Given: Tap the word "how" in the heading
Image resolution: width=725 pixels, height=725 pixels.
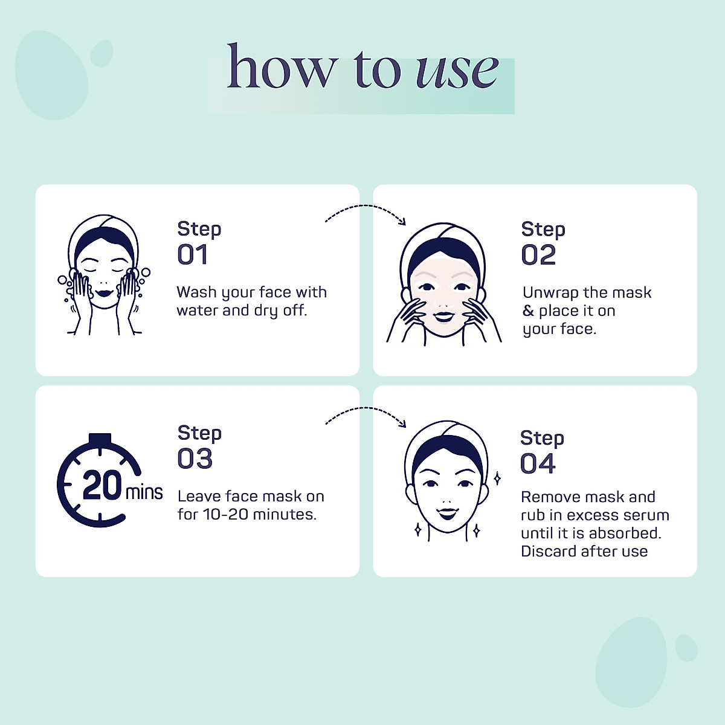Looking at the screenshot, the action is (280, 65).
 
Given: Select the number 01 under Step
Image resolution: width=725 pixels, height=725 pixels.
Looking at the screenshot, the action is (193, 255).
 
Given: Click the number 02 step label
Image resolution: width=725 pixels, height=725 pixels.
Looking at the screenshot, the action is (538, 255).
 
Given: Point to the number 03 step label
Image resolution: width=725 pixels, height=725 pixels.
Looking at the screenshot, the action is (195, 459).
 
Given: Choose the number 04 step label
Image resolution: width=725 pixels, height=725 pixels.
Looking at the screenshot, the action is (538, 463).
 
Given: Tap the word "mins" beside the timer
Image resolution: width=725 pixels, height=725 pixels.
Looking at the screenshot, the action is (144, 492).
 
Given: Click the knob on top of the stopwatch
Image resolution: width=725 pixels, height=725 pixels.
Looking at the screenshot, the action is (100, 439).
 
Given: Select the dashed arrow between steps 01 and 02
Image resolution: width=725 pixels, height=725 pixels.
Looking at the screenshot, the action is (365, 205).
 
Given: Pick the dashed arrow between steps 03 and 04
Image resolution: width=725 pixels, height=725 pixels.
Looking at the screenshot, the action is (365, 408).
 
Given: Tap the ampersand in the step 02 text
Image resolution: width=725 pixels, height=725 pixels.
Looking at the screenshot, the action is (528, 311).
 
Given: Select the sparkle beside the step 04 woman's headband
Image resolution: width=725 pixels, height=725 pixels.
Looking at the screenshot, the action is (497, 478).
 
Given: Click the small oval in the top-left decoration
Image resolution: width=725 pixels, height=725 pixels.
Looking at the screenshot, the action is (101, 53).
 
